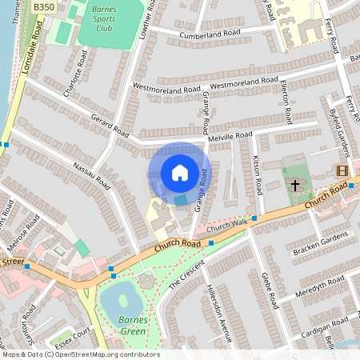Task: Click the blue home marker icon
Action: coord(180,173)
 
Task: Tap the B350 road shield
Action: coord(44,6)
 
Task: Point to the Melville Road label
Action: coord(230,136)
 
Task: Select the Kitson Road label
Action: coord(258,174)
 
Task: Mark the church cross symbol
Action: coord(295,185)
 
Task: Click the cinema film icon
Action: coord(342,170)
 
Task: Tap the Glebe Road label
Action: coord(270,290)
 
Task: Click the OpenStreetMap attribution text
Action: coord(80,354)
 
